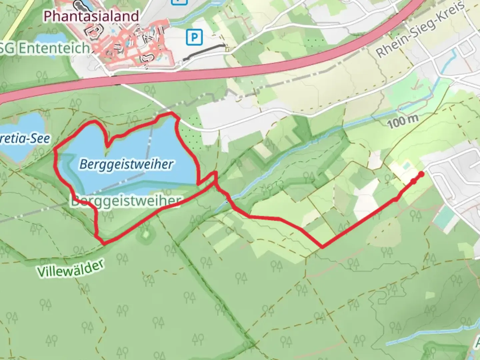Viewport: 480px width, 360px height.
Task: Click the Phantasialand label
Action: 91,16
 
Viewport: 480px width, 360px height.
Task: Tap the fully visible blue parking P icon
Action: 194,38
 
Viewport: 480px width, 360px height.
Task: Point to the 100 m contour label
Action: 403,121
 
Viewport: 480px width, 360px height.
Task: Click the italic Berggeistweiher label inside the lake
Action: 126,164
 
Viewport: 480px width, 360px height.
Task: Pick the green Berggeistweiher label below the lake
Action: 126,201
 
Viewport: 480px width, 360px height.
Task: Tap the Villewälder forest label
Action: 71,269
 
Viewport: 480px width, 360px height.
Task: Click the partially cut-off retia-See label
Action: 25,138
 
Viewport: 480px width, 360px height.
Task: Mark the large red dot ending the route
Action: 421,174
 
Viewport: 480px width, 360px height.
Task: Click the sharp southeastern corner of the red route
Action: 322,247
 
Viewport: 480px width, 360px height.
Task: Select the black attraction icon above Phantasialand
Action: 79,4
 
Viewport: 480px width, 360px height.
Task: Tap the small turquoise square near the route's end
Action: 406,165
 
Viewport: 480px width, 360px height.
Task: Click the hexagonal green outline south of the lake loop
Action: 145,235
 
